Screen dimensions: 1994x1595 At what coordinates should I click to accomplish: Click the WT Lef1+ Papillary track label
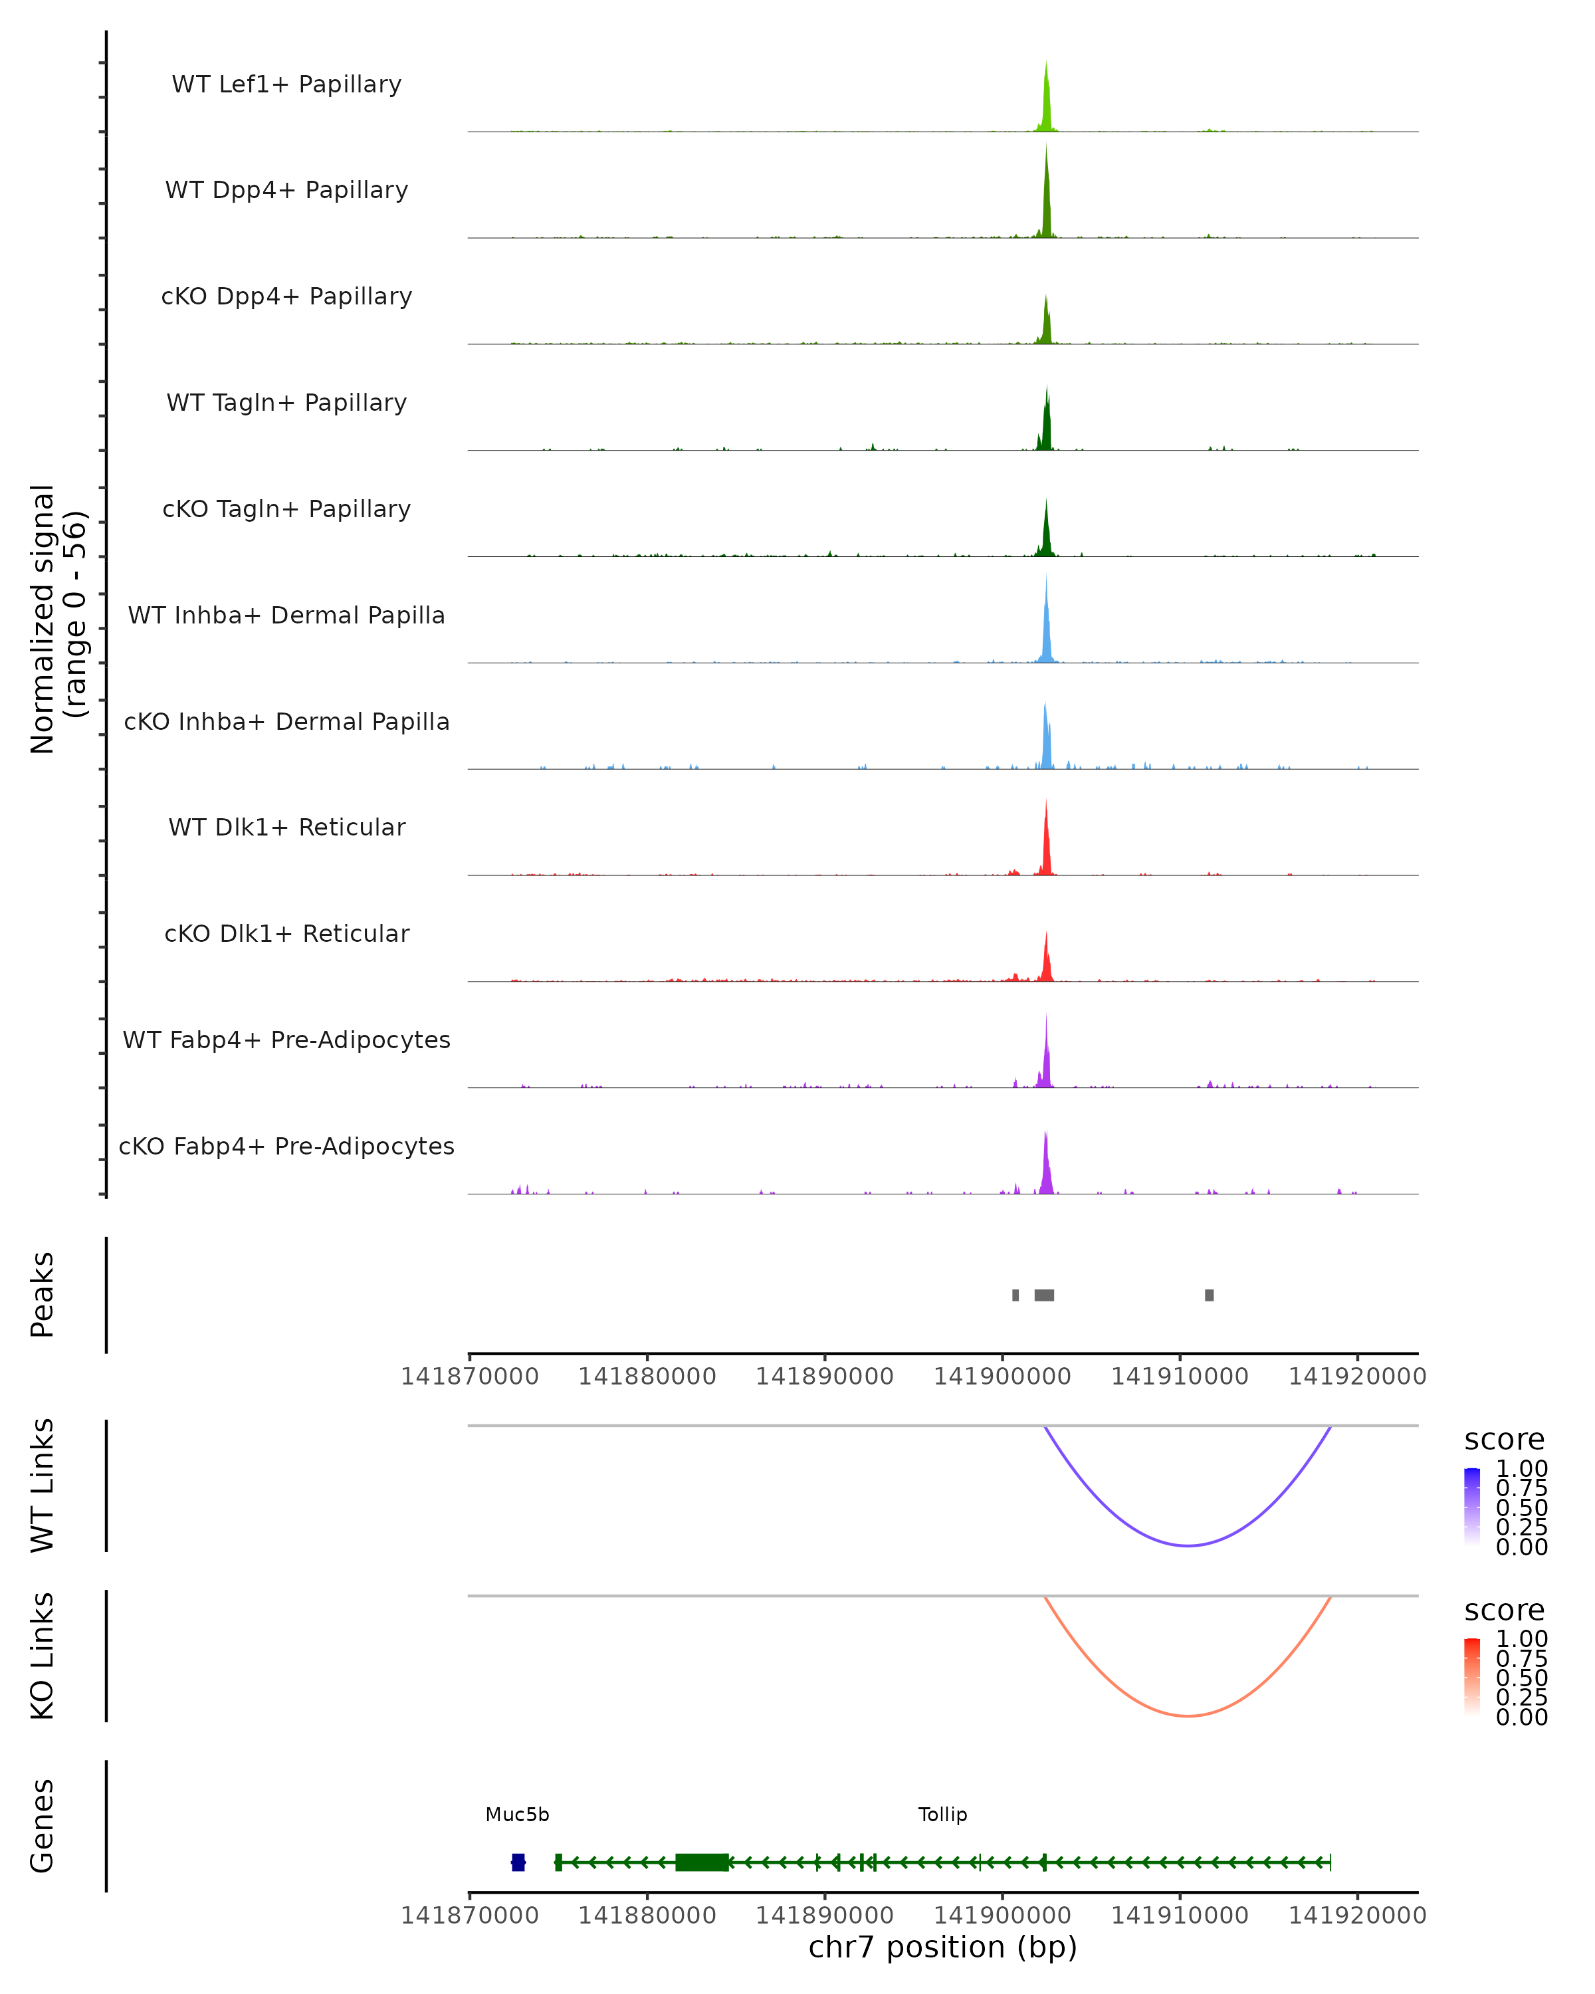[286, 84]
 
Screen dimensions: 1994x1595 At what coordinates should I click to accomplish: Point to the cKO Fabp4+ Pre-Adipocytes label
[286, 1146]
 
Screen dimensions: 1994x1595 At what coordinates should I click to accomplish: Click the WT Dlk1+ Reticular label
[286, 827]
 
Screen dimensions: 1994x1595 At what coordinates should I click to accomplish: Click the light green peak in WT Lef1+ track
[1046, 102]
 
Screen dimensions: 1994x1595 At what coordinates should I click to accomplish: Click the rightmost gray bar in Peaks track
[1208, 1295]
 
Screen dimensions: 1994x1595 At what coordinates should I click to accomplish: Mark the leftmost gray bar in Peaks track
[1015, 1295]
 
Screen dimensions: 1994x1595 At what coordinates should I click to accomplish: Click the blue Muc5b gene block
[518, 1862]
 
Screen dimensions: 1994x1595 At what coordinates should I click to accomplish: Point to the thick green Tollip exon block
[702, 1862]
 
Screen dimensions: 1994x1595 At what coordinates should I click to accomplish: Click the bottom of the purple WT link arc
[1187, 1545]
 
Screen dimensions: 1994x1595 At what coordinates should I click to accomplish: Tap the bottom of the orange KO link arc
[1187, 1716]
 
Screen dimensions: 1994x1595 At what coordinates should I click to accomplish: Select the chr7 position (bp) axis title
[942, 1947]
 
